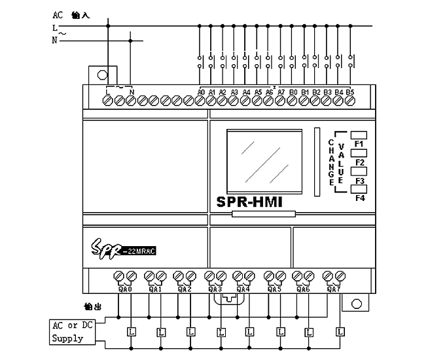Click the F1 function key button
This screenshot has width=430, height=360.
point(359,135)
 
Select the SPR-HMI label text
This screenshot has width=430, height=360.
point(249,202)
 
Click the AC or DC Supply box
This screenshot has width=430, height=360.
point(72,333)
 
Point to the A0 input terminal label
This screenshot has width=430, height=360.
point(201,92)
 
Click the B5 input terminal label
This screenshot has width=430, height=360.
point(350,92)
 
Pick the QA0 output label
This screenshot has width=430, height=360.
point(125,289)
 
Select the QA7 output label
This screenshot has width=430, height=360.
point(334,289)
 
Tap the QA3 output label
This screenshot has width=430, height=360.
point(215,289)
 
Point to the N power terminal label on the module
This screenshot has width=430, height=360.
point(132,92)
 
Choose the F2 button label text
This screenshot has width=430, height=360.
point(359,162)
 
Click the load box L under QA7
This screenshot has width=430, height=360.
point(340,332)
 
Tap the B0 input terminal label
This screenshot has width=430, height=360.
point(293,92)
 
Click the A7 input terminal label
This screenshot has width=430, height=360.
point(281,92)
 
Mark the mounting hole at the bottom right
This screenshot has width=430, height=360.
point(356,304)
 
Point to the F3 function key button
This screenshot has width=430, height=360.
point(359,171)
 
